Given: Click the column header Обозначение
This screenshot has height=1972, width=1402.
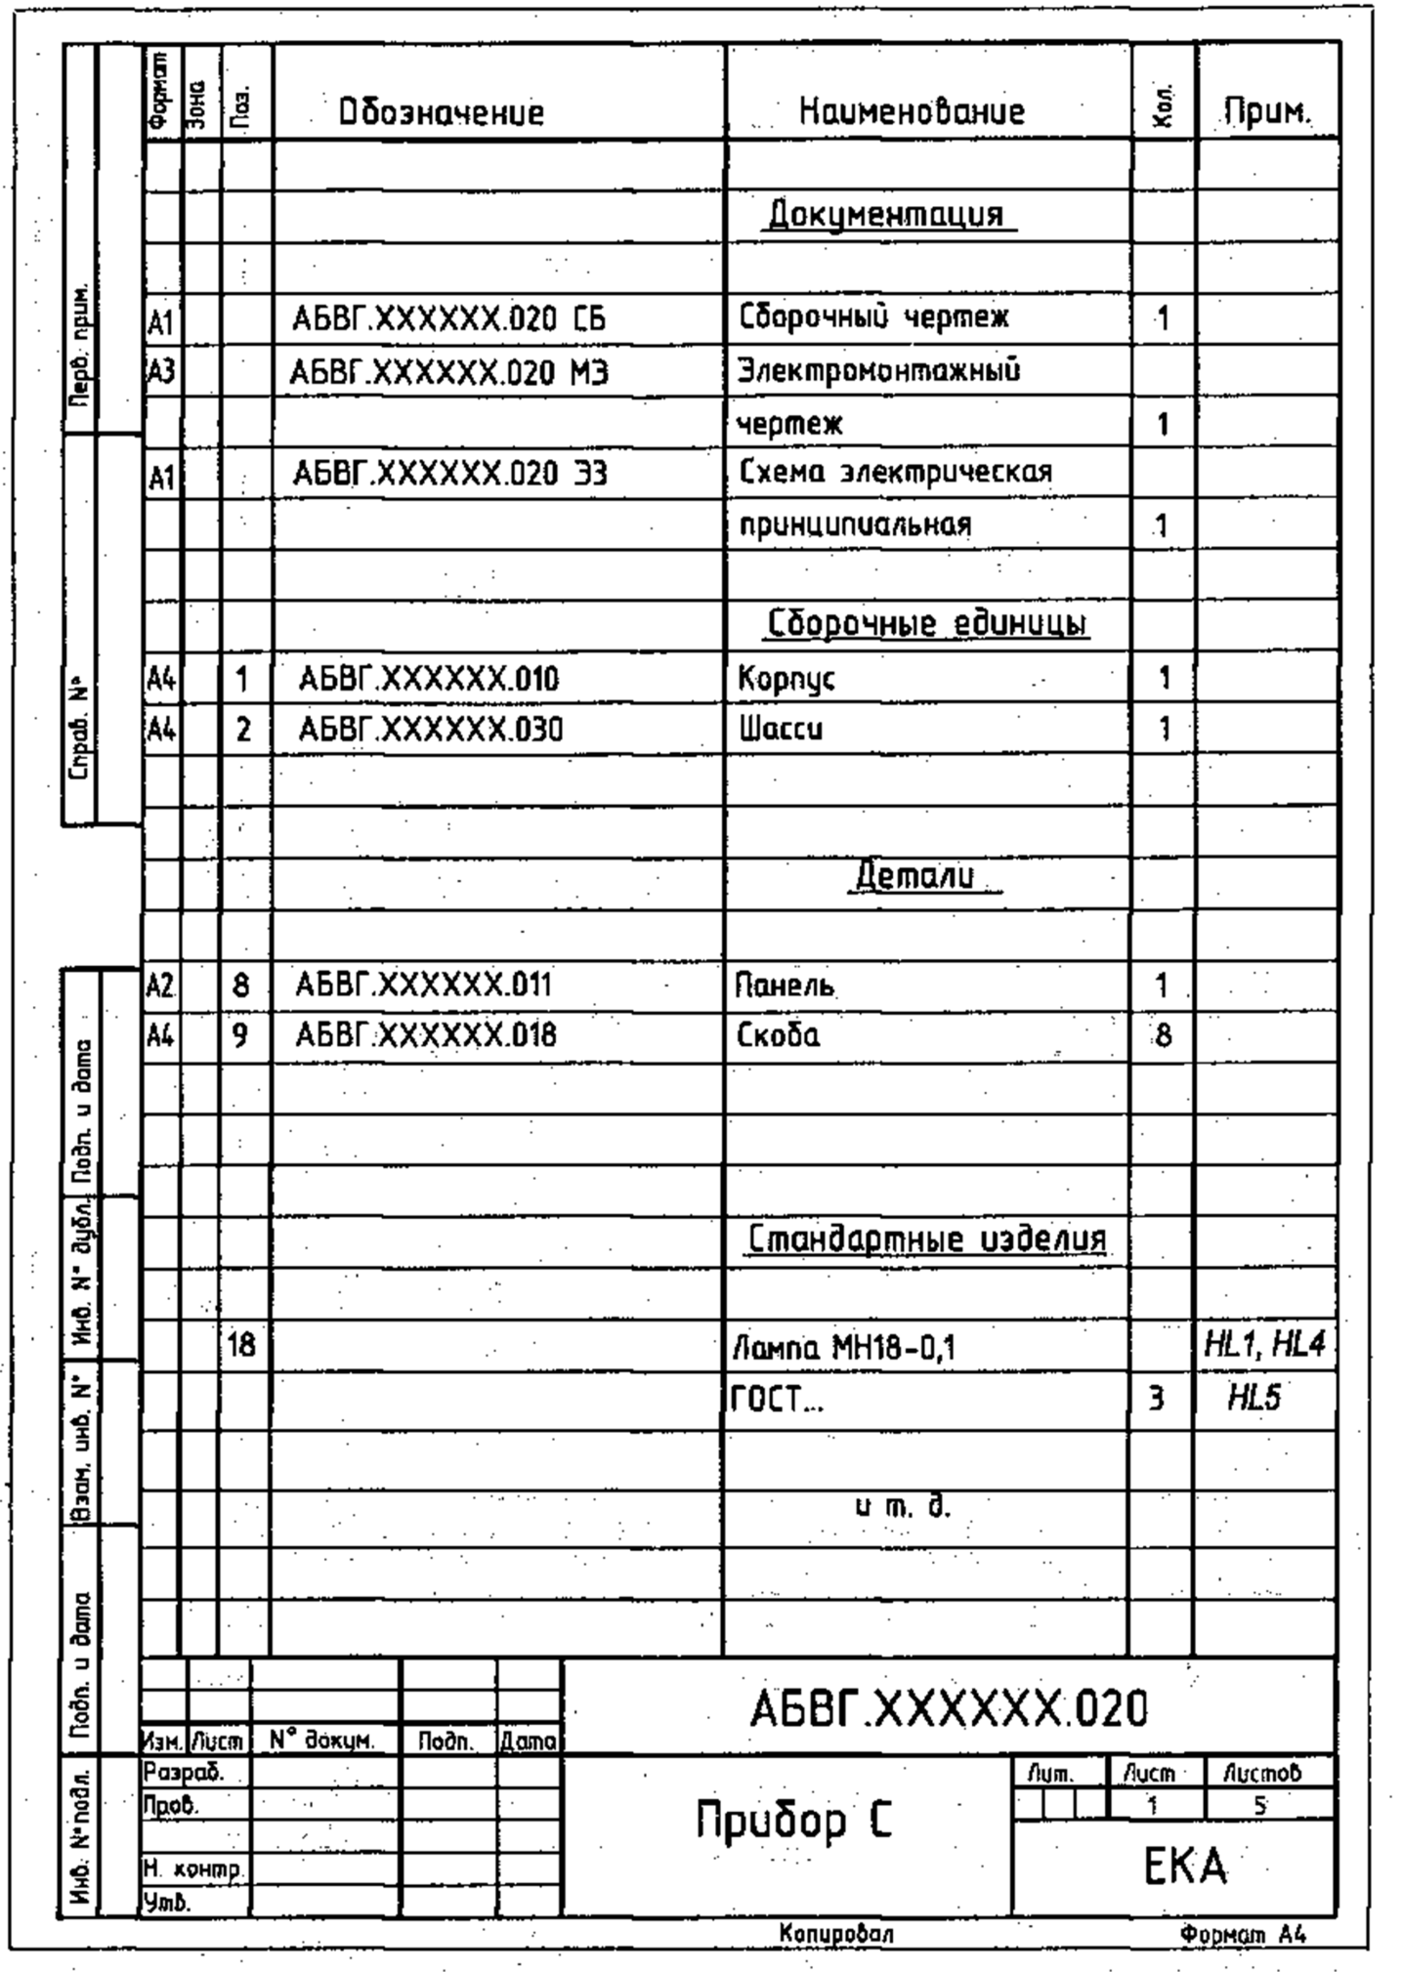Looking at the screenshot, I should click(441, 113).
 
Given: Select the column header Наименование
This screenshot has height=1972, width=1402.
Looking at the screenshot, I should click(912, 112).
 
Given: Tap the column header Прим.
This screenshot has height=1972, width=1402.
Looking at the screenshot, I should click(1266, 113).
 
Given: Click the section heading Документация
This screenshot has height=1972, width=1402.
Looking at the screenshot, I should click(886, 214).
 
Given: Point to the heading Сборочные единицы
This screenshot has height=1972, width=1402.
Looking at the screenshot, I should click(927, 623).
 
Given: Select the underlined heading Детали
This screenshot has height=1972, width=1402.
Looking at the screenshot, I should click(915, 875).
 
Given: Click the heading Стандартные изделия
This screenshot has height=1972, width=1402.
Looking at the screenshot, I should click(927, 1239).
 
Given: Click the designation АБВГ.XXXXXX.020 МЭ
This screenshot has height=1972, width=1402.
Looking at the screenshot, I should click(448, 372).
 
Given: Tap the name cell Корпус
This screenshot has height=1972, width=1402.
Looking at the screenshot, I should click(786, 678).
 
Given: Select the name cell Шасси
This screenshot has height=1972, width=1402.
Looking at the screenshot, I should click(781, 730).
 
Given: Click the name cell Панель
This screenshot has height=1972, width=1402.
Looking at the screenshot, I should click(786, 985).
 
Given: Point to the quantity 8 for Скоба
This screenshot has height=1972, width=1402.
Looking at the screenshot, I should click(1163, 1035).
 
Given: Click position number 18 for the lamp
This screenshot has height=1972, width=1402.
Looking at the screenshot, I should click(240, 1346).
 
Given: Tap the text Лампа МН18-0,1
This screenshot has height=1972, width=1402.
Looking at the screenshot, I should click(844, 1349).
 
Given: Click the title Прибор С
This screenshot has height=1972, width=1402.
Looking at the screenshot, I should click(793, 1821).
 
